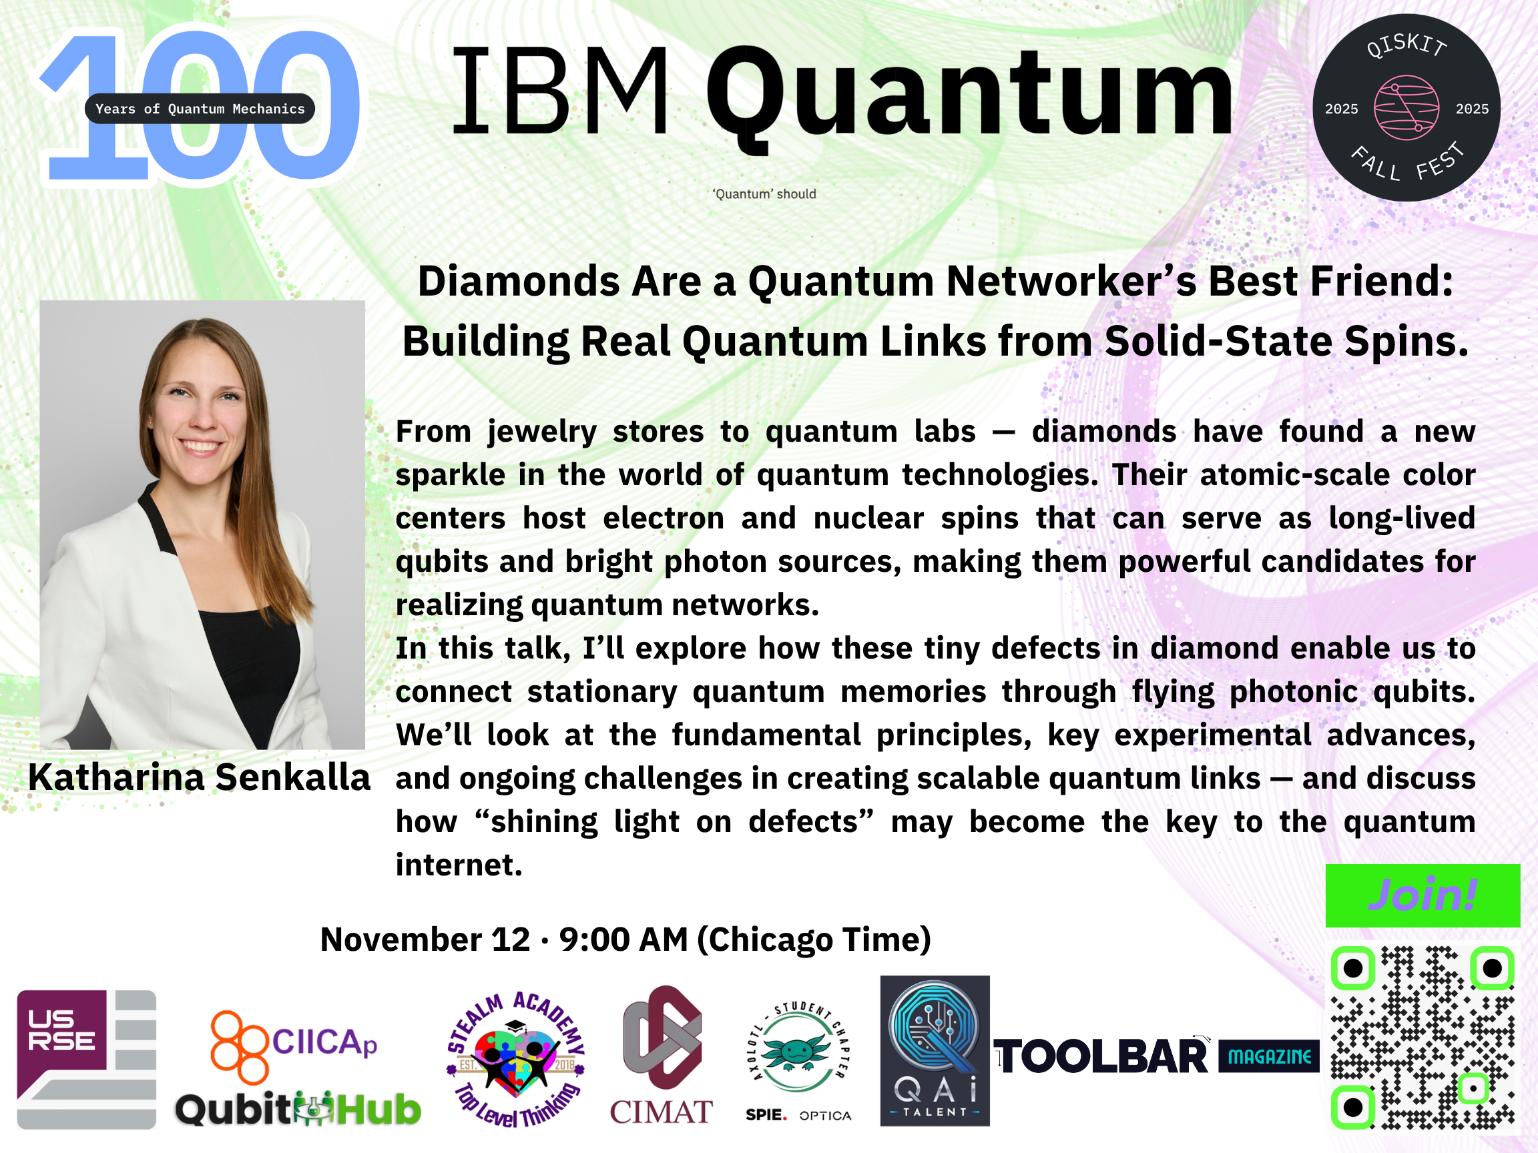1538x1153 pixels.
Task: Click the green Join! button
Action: (x=1423, y=895)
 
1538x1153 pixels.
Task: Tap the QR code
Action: (x=1423, y=1038)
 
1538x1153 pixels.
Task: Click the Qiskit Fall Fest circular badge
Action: (x=1406, y=107)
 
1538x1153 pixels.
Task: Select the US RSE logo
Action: (x=86, y=1059)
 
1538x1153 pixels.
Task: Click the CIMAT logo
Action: (x=662, y=1055)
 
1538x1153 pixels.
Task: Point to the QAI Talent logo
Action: (x=935, y=1051)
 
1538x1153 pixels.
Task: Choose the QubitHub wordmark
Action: (x=298, y=1109)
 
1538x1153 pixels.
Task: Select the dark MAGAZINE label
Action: (x=1269, y=1056)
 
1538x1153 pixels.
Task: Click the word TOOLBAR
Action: (x=1101, y=1057)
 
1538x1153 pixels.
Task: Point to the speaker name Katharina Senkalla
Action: (x=199, y=777)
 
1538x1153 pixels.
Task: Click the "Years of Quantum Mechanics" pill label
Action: (x=200, y=108)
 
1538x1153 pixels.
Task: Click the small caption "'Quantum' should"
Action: (x=764, y=194)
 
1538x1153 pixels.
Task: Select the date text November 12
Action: (x=425, y=939)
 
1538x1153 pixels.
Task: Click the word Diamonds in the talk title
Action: (x=519, y=282)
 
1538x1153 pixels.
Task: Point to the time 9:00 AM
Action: (x=623, y=939)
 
